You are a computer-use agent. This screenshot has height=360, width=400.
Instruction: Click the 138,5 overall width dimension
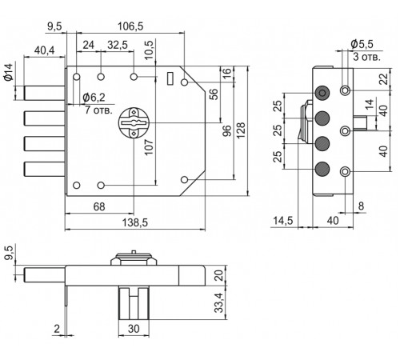pyautogui.click(x=134, y=222)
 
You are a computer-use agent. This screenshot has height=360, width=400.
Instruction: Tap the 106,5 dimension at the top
pyautogui.click(x=130, y=26)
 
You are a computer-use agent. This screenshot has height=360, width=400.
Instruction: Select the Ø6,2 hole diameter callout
pyautogui.click(x=94, y=98)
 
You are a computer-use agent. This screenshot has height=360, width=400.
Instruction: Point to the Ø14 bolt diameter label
pyautogui.click(x=8, y=72)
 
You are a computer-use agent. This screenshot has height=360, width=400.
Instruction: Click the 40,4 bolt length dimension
pyautogui.click(x=44, y=50)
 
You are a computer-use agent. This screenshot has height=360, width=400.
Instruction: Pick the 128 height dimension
pyautogui.click(x=241, y=130)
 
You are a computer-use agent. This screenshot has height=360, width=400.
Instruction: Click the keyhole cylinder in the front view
pyautogui.click(x=134, y=122)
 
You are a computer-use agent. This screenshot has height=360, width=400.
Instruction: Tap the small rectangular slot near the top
pyautogui.click(x=170, y=78)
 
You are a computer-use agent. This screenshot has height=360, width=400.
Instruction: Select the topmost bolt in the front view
pyautogui.click(x=45, y=93)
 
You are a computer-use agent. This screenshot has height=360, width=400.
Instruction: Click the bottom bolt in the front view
pyautogui.click(x=45, y=169)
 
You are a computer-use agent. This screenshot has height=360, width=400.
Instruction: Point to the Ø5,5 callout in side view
pyautogui.click(x=362, y=44)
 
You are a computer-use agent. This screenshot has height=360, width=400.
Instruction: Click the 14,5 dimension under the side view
pyautogui.click(x=283, y=221)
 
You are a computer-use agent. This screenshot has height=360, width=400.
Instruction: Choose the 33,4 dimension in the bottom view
pyautogui.click(x=219, y=302)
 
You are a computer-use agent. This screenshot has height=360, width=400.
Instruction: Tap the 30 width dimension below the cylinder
pyautogui.click(x=134, y=329)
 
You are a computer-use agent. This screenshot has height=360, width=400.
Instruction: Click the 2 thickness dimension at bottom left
pyautogui.click(x=57, y=329)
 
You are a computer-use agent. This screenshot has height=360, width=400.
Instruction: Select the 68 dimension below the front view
pyautogui.click(x=99, y=206)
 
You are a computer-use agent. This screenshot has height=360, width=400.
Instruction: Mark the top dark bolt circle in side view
pyautogui.click(x=322, y=93)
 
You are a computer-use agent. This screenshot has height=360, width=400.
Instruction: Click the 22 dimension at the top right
pyautogui.click(x=384, y=79)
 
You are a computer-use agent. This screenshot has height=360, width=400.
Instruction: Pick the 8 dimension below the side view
pyautogui.click(x=361, y=206)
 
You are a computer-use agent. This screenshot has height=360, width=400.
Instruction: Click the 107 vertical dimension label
pyautogui.click(x=149, y=147)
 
